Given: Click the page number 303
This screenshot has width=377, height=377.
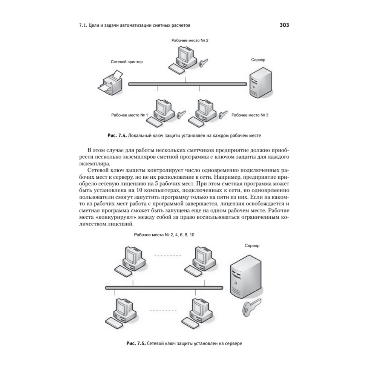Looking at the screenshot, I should (284, 26).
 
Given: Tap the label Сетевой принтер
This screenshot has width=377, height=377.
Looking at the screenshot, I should (127, 61).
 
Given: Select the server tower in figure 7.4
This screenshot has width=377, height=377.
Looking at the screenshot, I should (259, 82).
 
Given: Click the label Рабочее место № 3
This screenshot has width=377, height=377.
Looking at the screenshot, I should (250, 115).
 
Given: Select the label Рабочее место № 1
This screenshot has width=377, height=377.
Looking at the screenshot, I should (129, 115).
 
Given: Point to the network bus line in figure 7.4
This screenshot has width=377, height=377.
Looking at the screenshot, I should (185, 84).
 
